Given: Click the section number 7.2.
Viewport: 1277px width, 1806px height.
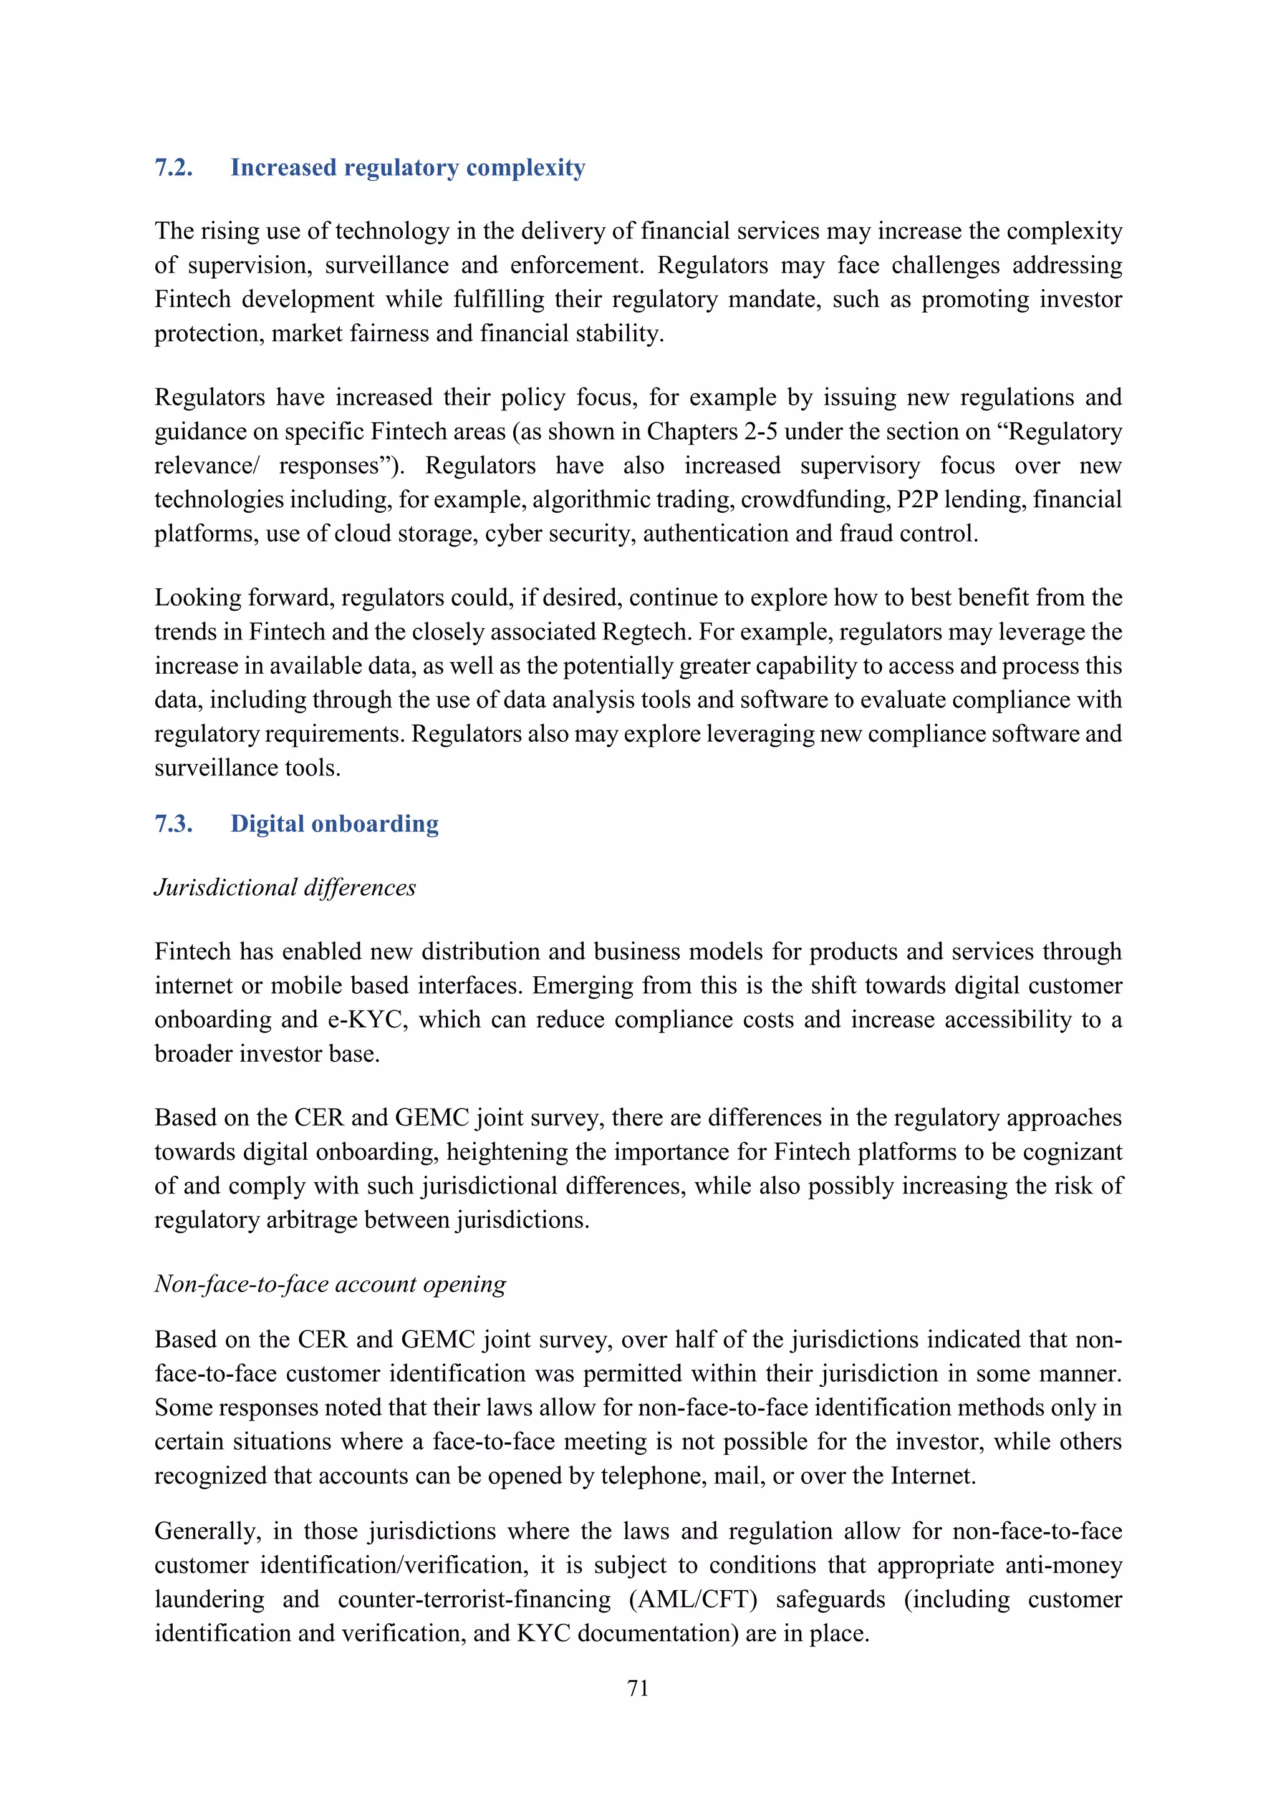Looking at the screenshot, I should coord(173,168).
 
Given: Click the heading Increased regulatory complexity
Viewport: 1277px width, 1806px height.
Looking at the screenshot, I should coord(407,168).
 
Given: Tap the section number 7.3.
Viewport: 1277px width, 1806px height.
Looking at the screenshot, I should coord(173,823).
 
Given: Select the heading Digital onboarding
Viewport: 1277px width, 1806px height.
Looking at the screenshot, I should coord(334,823).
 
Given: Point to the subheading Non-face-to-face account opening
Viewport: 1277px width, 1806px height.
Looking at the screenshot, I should coord(329,1284).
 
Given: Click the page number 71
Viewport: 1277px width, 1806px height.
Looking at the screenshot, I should coord(638,1688).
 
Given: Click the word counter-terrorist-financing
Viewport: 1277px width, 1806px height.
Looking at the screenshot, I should coord(473,1599).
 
